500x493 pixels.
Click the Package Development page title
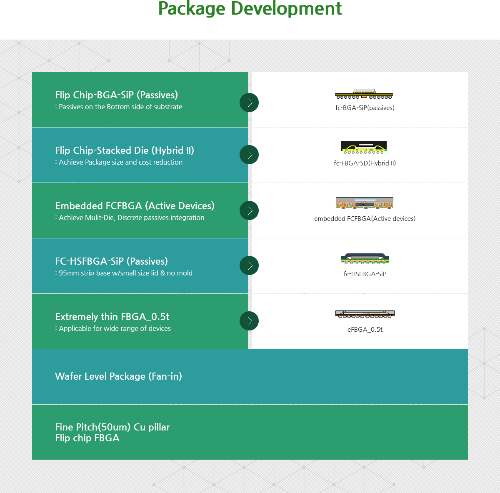(x=250, y=9)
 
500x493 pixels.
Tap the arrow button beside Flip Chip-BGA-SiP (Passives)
(x=249, y=103)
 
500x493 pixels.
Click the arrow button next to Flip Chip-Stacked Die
(x=249, y=155)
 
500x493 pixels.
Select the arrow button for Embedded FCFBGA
(x=249, y=210)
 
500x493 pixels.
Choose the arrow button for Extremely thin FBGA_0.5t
(x=249, y=321)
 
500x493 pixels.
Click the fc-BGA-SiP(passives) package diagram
(x=364, y=94)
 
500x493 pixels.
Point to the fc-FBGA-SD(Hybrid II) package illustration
(x=364, y=148)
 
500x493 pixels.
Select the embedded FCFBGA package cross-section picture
(x=364, y=203)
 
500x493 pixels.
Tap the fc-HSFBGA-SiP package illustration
(x=365, y=258)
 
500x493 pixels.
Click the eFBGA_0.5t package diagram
(x=365, y=314)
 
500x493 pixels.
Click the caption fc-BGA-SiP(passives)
(x=365, y=108)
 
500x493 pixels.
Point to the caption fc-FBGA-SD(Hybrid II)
(x=365, y=163)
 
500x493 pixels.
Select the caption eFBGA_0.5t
(x=365, y=330)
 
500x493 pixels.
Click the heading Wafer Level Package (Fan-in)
(x=119, y=376)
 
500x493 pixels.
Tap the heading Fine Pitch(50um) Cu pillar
(x=112, y=427)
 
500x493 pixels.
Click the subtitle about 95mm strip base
(x=124, y=273)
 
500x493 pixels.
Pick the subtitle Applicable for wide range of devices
(x=113, y=328)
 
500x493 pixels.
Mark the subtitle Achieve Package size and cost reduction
(x=119, y=162)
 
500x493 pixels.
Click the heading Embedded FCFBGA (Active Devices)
(x=135, y=206)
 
